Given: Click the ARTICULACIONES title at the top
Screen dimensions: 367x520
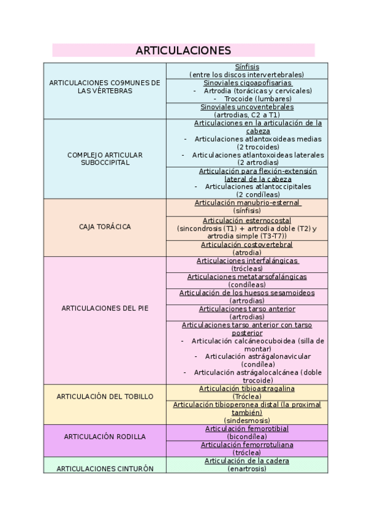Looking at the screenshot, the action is click(x=183, y=50).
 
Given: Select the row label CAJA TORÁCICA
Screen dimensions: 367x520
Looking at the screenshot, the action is click(x=105, y=227).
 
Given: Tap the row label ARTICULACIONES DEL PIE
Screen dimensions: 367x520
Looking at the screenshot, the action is click(x=105, y=308).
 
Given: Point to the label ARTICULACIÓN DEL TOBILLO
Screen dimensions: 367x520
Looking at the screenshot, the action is click(x=105, y=397).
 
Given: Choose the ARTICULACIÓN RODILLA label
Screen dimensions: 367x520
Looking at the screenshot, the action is click(x=105, y=437).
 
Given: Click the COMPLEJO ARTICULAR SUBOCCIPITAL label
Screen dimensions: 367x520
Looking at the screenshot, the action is click(x=105, y=159).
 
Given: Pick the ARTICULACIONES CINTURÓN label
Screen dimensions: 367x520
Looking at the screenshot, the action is click(x=105, y=468).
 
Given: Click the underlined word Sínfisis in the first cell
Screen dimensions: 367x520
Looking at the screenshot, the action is click(x=247, y=66).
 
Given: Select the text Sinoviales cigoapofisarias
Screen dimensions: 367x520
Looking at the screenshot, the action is click(x=247, y=83).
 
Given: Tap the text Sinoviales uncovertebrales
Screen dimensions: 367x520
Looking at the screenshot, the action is click(x=247, y=107).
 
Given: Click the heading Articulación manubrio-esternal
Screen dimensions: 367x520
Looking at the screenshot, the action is click(x=247, y=202).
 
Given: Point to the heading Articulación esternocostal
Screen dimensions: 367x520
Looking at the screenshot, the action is click(x=247, y=220).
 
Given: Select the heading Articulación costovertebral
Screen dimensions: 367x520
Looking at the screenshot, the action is click(x=247, y=245).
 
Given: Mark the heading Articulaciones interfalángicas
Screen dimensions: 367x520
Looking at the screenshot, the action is click(x=247, y=261).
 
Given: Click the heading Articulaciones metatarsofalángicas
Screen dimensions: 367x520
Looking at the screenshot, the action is click(x=247, y=277).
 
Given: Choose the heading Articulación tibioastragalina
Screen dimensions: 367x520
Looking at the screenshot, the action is click(x=247, y=389).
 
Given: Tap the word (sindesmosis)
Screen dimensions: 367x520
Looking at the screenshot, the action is click(x=247, y=421).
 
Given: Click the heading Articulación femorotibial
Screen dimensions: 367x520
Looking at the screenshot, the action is click(x=247, y=429).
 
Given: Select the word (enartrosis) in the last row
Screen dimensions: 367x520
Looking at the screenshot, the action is click(x=247, y=468).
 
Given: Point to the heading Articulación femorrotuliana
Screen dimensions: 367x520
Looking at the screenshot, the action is click(x=247, y=445).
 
